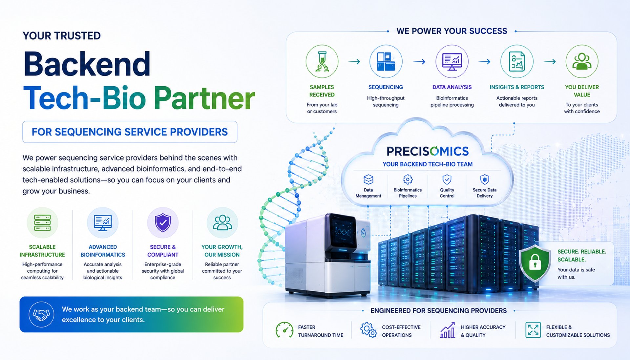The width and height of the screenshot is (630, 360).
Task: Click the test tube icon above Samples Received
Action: (x=322, y=61)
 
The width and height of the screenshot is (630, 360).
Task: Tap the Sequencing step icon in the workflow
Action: (x=386, y=61)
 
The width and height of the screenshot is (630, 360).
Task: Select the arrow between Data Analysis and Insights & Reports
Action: (x=484, y=62)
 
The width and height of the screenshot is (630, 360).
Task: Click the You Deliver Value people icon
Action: (x=582, y=61)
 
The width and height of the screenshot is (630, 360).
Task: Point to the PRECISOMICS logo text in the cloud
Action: (x=428, y=151)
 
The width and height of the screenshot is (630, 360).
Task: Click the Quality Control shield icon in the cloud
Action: (x=447, y=179)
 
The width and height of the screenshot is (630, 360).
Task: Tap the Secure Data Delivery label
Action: (x=484, y=193)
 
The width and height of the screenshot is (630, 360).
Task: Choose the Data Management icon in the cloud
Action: (x=368, y=180)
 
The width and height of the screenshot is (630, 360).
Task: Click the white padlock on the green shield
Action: (x=535, y=262)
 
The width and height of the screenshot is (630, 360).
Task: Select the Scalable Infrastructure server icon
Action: (x=42, y=223)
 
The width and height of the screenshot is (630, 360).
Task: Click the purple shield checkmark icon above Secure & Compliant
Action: (x=163, y=223)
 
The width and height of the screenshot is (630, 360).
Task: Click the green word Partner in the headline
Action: (x=204, y=98)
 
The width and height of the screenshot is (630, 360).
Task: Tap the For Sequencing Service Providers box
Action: (x=130, y=132)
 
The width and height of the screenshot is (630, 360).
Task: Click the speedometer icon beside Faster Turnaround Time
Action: (x=284, y=330)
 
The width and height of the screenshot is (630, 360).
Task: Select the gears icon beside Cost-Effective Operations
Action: (x=368, y=330)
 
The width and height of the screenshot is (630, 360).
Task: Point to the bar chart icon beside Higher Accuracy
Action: (x=448, y=330)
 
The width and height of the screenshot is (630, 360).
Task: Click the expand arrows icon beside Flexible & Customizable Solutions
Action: (x=533, y=330)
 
